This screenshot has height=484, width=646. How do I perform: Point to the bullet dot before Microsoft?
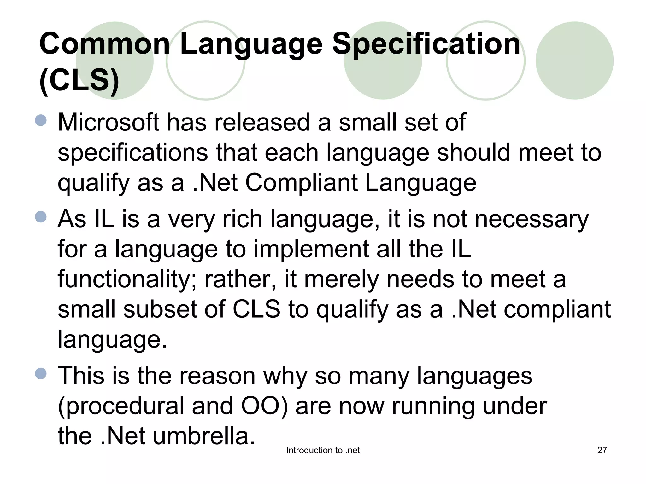pyautogui.click(x=41, y=120)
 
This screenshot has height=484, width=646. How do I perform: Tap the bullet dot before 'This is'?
pyautogui.click(x=41, y=374)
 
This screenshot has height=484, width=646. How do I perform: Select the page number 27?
pyautogui.click(x=602, y=450)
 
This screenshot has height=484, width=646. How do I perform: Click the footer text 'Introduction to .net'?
pyautogui.click(x=323, y=451)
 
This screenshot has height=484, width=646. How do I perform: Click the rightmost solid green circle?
pyautogui.click(x=574, y=60)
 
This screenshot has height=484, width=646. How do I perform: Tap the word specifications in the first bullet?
pyautogui.click(x=132, y=153)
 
